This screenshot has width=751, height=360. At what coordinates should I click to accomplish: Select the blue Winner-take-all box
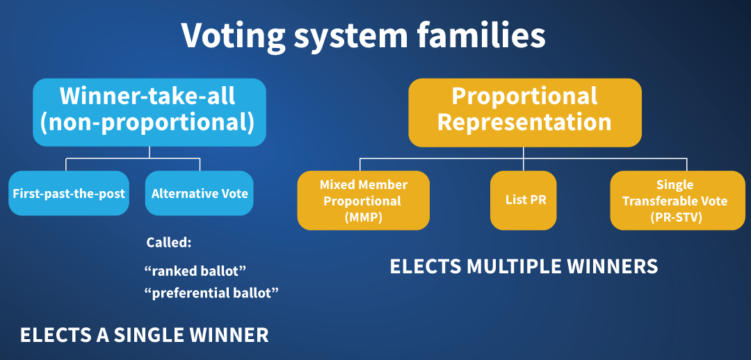150,113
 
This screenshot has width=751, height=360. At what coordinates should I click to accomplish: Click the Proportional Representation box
524,113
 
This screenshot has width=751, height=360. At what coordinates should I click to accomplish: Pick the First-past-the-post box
69,193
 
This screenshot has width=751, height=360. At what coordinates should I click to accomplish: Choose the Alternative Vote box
200,193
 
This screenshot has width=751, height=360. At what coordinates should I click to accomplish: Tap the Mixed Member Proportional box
363,200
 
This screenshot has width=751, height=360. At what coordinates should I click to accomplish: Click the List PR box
524,200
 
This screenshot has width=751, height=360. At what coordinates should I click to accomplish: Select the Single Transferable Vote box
677,200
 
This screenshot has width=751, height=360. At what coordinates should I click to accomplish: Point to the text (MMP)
363,217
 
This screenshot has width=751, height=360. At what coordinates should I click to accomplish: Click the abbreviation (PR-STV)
676,217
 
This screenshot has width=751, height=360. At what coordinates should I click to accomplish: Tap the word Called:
168,243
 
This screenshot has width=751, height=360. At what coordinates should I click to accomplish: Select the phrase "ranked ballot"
195,270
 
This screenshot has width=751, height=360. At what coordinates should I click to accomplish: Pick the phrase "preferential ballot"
211,293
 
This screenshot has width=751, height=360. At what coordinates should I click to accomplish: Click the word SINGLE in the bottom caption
145,335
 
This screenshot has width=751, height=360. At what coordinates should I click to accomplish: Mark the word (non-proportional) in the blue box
147,122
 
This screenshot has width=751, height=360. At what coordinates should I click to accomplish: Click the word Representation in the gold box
524,122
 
